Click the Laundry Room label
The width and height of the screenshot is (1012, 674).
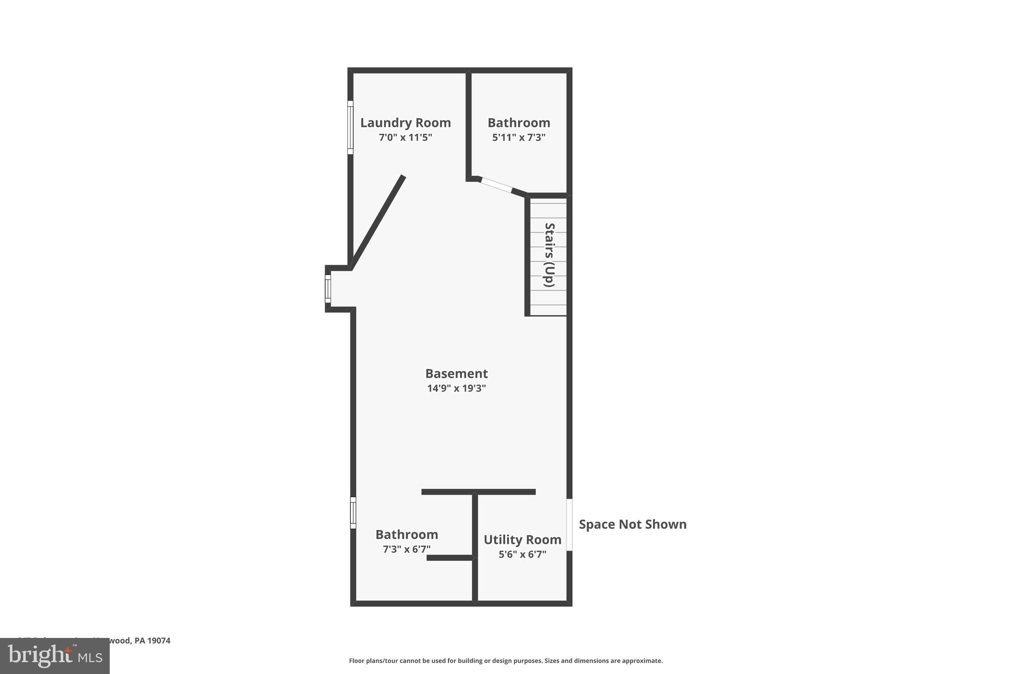405,123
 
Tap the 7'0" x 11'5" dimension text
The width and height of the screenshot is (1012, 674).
405,137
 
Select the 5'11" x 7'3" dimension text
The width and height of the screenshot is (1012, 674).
518,137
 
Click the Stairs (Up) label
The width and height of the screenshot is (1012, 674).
549,255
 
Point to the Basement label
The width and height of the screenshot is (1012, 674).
456,374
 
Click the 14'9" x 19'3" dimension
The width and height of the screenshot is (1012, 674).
456,388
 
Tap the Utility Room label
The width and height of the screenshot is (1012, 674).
522,540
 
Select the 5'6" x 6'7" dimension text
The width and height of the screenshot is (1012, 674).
522,554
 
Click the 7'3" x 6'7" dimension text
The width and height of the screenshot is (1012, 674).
406,549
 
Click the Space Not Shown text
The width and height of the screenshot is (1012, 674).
632,524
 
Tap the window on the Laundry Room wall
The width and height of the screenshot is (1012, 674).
350,127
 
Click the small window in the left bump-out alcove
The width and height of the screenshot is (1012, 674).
328,289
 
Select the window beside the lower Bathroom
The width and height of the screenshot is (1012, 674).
353,513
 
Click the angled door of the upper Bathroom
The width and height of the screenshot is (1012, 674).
496,185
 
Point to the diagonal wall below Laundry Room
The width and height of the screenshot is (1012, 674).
378,222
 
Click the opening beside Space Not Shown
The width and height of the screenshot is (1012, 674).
569,524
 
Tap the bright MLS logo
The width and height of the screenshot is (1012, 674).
55,656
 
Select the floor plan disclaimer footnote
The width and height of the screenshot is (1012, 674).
506,661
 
